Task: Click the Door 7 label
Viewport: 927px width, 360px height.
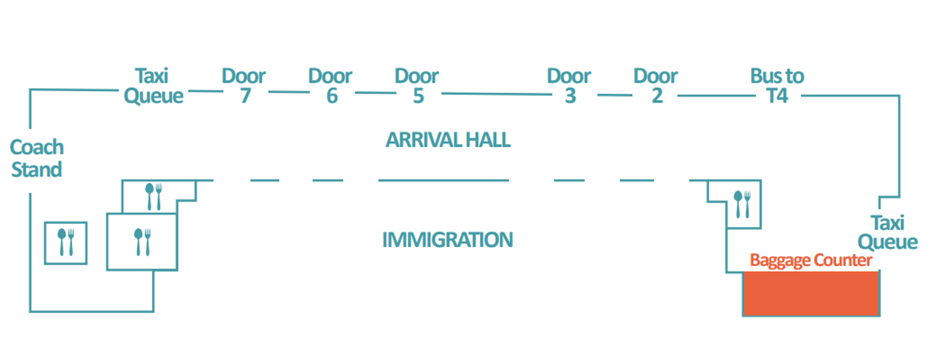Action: click(244, 86)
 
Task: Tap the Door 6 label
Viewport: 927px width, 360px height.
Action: click(330, 86)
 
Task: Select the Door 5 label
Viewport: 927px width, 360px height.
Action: click(417, 86)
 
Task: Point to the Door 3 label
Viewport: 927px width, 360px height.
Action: click(569, 86)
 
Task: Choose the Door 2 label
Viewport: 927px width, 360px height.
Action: click(656, 86)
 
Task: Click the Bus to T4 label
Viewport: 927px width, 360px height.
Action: click(777, 86)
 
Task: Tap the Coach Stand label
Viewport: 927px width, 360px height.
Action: click(37, 158)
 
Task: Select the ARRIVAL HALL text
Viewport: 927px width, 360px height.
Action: click(448, 140)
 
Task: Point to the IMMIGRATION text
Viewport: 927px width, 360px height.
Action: click(447, 240)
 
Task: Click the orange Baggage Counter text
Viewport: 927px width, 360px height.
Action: click(811, 261)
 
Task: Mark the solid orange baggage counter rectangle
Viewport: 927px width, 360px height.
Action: click(811, 294)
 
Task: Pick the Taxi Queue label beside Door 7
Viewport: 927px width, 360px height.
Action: click(154, 86)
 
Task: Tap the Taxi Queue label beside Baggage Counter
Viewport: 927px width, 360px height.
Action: click(887, 232)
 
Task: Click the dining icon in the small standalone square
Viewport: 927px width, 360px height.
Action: click(66, 242)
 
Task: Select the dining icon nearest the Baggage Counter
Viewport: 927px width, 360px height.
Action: click(742, 204)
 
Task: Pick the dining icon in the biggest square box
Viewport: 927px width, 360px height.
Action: click(142, 242)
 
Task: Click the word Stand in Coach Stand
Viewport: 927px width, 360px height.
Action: click(37, 170)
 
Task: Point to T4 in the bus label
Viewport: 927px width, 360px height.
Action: click(777, 96)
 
